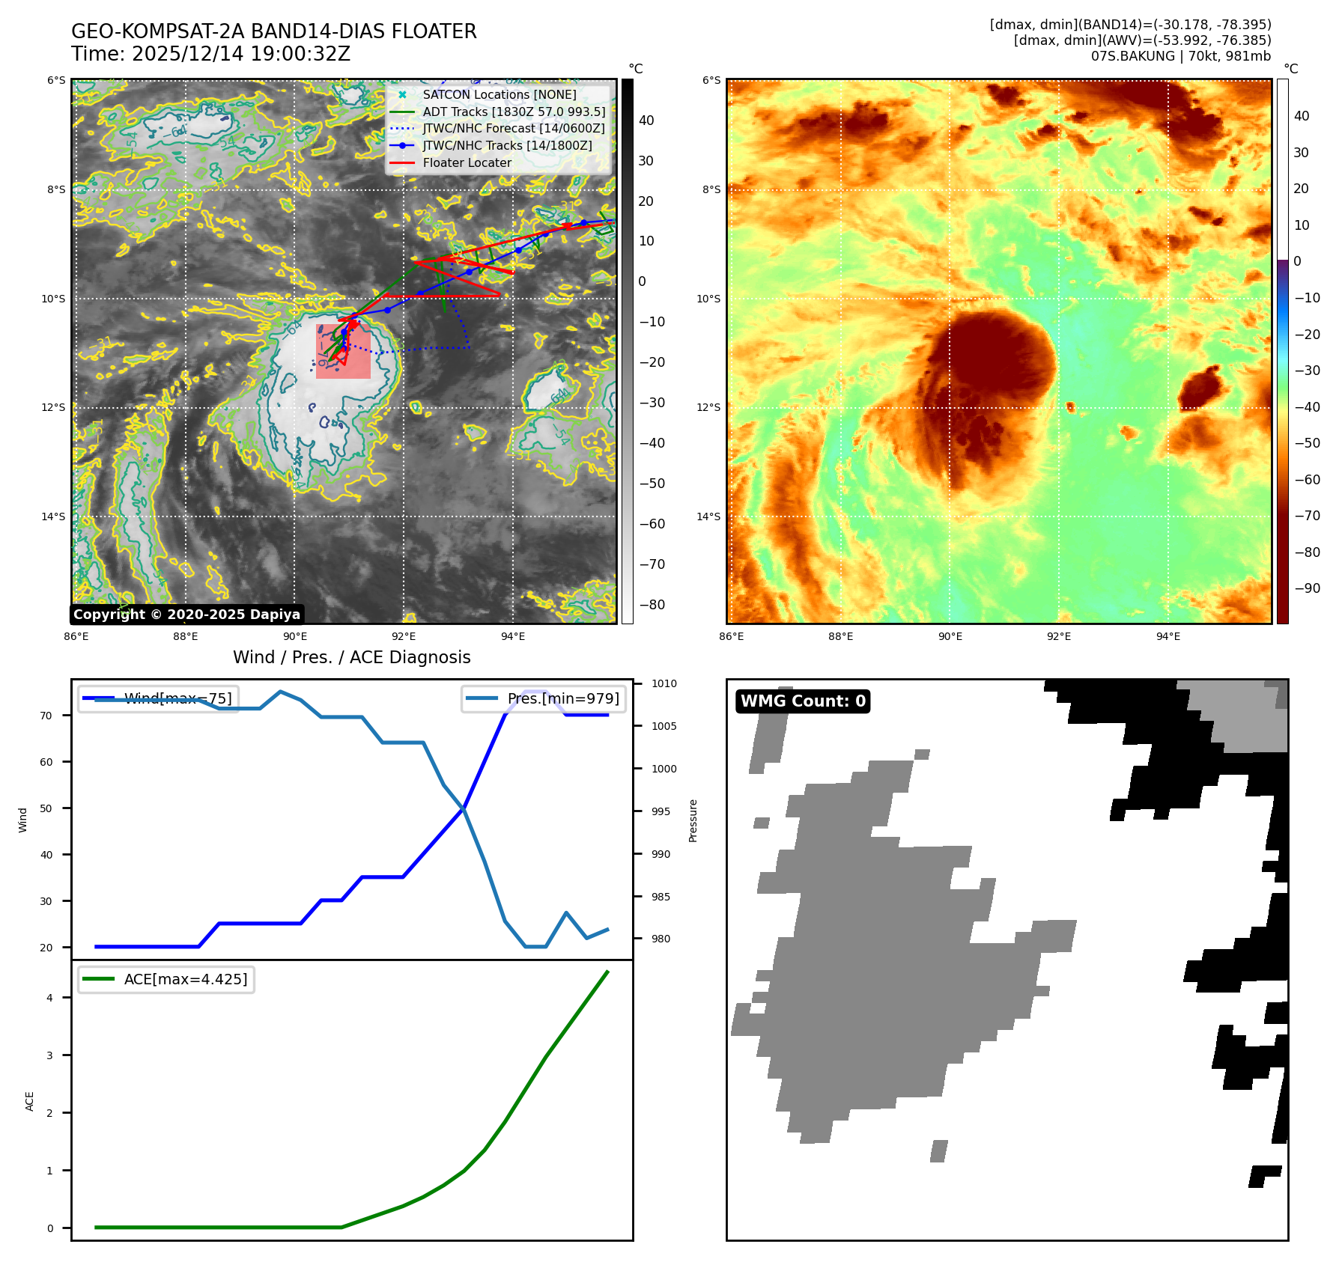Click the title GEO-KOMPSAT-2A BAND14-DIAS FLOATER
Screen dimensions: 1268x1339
pyautogui.click(x=273, y=31)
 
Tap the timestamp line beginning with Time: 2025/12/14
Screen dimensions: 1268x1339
pyautogui.click(x=210, y=54)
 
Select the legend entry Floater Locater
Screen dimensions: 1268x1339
pyautogui.click(x=467, y=162)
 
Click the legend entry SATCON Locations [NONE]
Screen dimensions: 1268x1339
pyautogui.click(x=499, y=94)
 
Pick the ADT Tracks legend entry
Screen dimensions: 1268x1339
pyautogui.click(x=513, y=112)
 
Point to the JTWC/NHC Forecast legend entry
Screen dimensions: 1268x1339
pyautogui.click(x=513, y=129)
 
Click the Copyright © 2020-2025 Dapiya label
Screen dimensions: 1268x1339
pyautogui.click(x=186, y=615)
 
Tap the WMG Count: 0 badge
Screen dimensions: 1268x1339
pyautogui.click(x=803, y=701)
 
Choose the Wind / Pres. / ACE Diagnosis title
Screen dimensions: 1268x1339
pyautogui.click(x=351, y=657)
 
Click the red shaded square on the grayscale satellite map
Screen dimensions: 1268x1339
pyautogui.click(x=343, y=352)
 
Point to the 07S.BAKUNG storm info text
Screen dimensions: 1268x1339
pyautogui.click(x=1180, y=56)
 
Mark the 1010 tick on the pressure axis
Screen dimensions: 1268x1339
pyautogui.click(x=664, y=683)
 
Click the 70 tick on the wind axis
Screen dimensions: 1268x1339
pyautogui.click(x=46, y=716)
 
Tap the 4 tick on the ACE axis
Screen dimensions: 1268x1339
pyautogui.click(x=49, y=998)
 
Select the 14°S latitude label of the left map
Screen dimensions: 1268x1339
pyautogui.click(x=53, y=516)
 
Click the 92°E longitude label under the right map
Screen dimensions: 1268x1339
pyautogui.click(x=1058, y=636)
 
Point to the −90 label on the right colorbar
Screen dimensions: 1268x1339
pyautogui.click(x=1307, y=588)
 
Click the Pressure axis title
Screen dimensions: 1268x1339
pyautogui.click(x=693, y=820)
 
